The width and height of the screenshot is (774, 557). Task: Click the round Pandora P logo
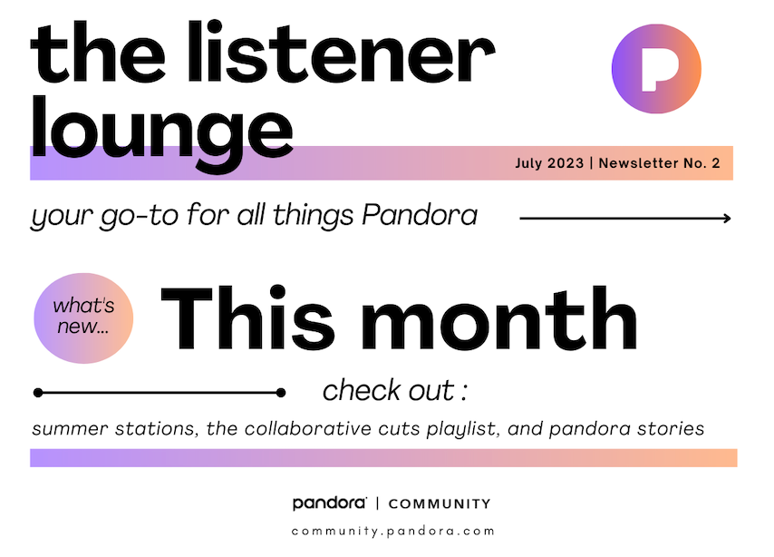tap(656, 69)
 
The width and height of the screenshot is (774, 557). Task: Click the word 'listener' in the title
tap(341, 52)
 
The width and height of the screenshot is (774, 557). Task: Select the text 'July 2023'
tap(549, 163)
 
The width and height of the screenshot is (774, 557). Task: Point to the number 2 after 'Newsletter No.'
tap(716, 163)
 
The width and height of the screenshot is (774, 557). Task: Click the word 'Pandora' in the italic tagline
tap(420, 216)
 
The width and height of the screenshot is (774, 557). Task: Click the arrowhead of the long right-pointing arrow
tap(727, 218)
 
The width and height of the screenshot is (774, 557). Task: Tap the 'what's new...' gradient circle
tap(83, 318)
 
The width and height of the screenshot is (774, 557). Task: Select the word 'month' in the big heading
tap(499, 318)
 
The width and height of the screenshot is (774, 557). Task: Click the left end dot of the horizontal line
tap(38, 393)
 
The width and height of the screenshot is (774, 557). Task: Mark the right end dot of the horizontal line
tap(281, 393)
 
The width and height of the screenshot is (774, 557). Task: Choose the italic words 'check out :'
tap(395, 390)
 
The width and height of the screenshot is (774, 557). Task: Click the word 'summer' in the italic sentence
tap(70, 428)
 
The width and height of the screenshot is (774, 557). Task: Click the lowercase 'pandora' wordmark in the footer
tap(330, 503)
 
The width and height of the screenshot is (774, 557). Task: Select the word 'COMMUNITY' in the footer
tap(440, 504)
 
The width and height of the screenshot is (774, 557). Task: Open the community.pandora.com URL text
tap(393, 532)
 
